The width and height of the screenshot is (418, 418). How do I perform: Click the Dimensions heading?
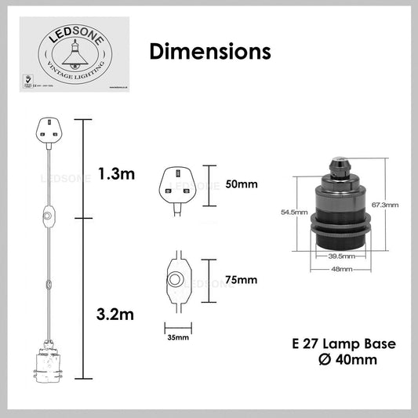point(209,52)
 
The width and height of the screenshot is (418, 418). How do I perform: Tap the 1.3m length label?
point(115,174)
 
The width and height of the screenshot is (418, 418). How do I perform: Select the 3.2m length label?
point(115,315)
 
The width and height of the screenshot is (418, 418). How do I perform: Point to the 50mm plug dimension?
point(242,186)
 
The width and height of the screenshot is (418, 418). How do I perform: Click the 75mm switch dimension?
point(241,280)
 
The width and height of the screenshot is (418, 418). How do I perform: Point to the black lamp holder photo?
point(340,207)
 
